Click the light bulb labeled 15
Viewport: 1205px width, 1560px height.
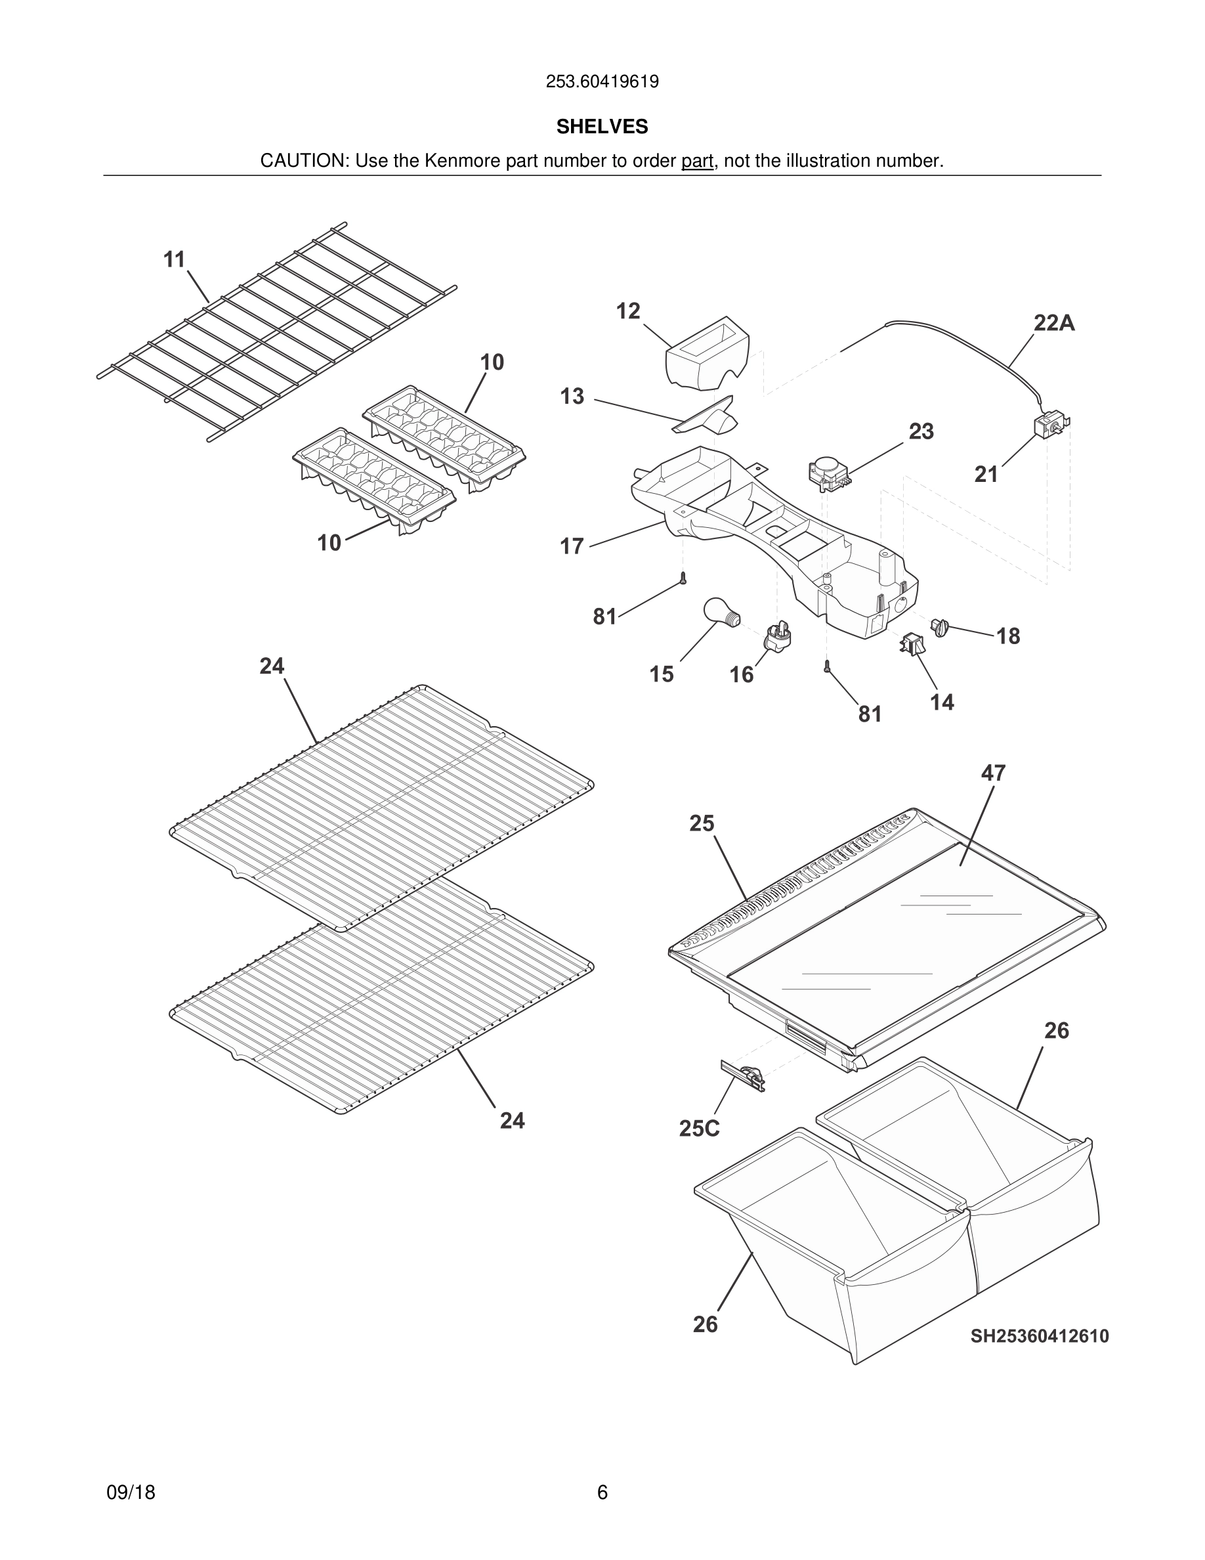[721, 611]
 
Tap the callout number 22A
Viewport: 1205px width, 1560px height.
[1053, 324]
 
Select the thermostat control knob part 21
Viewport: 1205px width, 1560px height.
[1051, 425]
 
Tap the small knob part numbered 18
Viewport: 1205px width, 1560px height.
[939, 627]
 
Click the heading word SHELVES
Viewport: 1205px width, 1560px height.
[602, 127]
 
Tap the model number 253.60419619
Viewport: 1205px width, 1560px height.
[602, 81]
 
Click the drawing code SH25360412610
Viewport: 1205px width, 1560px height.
[1039, 1335]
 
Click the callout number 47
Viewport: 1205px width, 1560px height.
[993, 773]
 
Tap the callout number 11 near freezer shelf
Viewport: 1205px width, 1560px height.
[174, 259]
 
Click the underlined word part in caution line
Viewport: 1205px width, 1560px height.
[697, 162]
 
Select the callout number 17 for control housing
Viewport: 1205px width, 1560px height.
[572, 546]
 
